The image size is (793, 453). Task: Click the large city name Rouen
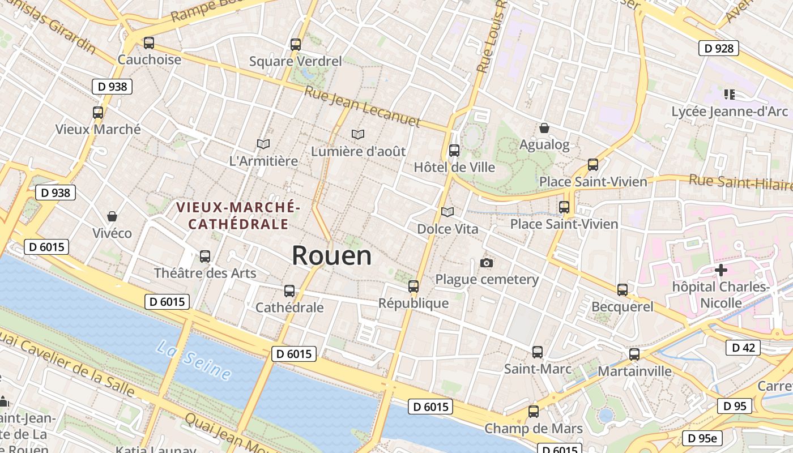pyautogui.click(x=331, y=256)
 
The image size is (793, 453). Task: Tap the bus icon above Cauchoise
pyautogui.click(x=149, y=42)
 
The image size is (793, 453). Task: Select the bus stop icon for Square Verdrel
pyautogui.click(x=295, y=44)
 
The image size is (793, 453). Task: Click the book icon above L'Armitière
pyautogui.click(x=263, y=144)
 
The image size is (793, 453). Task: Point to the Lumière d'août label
pyautogui.click(x=359, y=151)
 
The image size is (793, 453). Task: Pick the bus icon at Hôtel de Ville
pyautogui.click(x=454, y=150)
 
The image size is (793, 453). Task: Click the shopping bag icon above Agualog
pyautogui.click(x=544, y=128)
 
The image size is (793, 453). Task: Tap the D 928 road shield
pyautogui.click(x=719, y=48)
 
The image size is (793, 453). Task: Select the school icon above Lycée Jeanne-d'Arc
pyautogui.click(x=728, y=94)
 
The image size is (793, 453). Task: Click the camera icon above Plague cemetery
pyautogui.click(x=486, y=263)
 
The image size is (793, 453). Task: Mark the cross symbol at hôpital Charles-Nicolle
pyautogui.click(x=720, y=270)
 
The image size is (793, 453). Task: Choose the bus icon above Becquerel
pyautogui.click(x=622, y=289)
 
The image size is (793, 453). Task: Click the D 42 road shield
pyautogui.click(x=743, y=347)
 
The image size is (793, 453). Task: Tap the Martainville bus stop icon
pyautogui.click(x=634, y=354)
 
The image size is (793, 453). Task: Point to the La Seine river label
pyautogui.click(x=194, y=360)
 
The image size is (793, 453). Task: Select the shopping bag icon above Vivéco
pyautogui.click(x=112, y=216)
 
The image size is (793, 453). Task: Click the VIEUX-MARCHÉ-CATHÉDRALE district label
pyautogui.click(x=238, y=216)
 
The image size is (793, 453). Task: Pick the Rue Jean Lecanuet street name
pyautogui.click(x=363, y=107)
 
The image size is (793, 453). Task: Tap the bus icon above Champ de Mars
pyautogui.click(x=533, y=412)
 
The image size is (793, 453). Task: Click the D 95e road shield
pyautogui.click(x=702, y=438)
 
